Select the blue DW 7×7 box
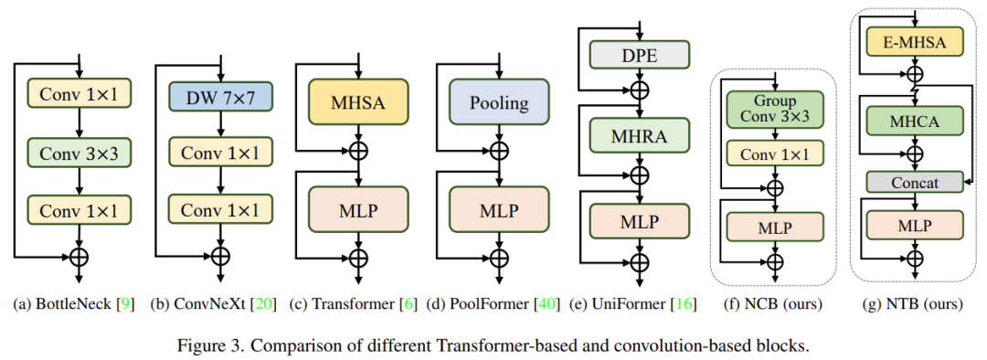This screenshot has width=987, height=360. point(219,95)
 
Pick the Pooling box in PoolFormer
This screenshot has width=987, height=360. point(499,102)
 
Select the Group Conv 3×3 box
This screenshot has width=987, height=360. point(775,109)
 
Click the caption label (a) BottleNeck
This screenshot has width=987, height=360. point(62,304)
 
